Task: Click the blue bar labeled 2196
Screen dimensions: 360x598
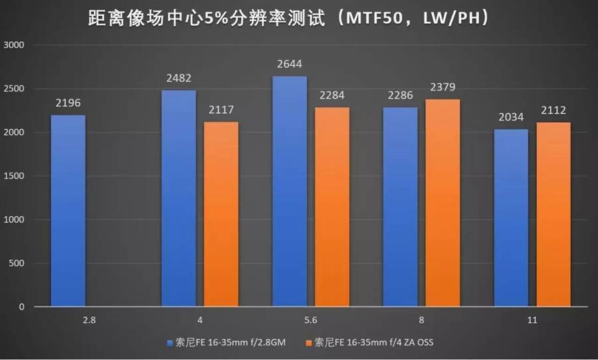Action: [x=67, y=211]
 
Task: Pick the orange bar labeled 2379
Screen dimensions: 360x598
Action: [x=442, y=203]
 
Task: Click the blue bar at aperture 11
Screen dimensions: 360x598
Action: [x=511, y=218]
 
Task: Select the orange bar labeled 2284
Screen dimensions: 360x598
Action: [x=332, y=207]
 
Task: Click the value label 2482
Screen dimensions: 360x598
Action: [x=179, y=79]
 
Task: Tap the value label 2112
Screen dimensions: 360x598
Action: [x=553, y=111]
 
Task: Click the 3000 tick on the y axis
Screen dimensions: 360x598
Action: [x=14, y=45]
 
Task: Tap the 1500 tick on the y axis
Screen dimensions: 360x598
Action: [x=14, y=176]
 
